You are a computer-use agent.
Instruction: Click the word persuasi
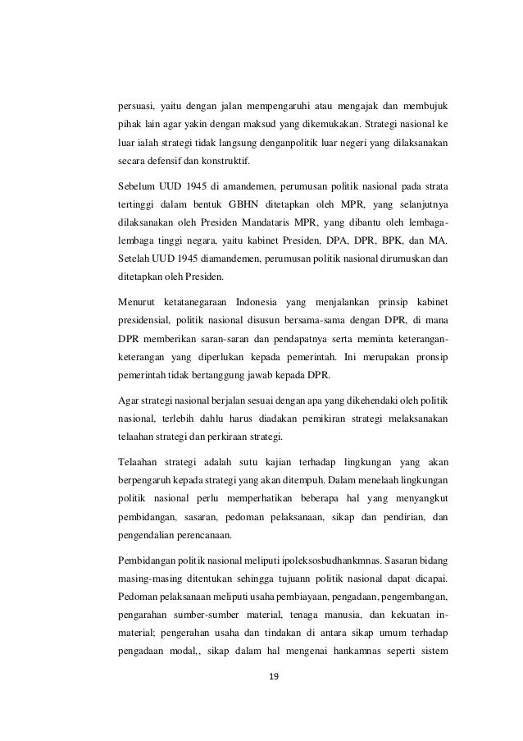point(136,106)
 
